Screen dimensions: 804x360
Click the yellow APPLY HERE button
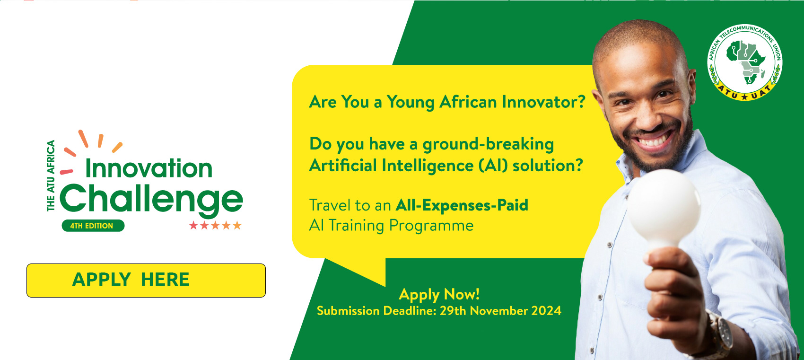(x=146, y=281)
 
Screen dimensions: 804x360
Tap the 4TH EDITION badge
(x=93, y=226)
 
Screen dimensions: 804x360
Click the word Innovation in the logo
(x=149, y=168)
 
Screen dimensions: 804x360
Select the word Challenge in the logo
(x=151, y=200)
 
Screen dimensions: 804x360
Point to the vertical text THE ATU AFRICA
(x=51, y=176)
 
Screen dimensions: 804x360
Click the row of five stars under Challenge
(x=215, y=225)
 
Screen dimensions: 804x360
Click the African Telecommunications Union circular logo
(x=745, y=62)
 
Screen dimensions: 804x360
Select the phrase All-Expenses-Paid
(x=462, y=205)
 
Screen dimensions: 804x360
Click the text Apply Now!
(x=439, y=295)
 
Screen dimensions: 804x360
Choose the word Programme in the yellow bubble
(x=431, y=226)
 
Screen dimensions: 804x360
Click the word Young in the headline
(x=411, y=102)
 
